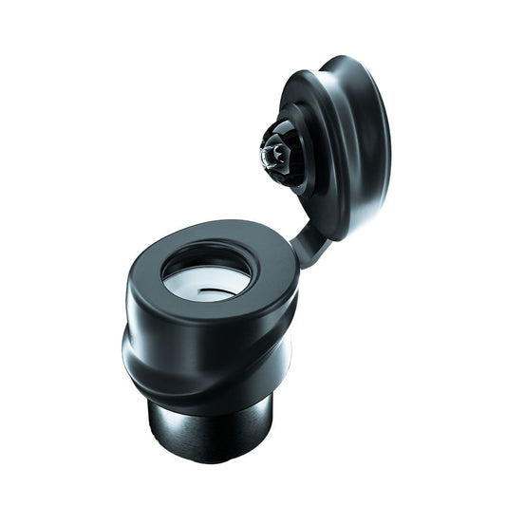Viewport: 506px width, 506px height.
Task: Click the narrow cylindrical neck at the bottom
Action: (x=211, y=422)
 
